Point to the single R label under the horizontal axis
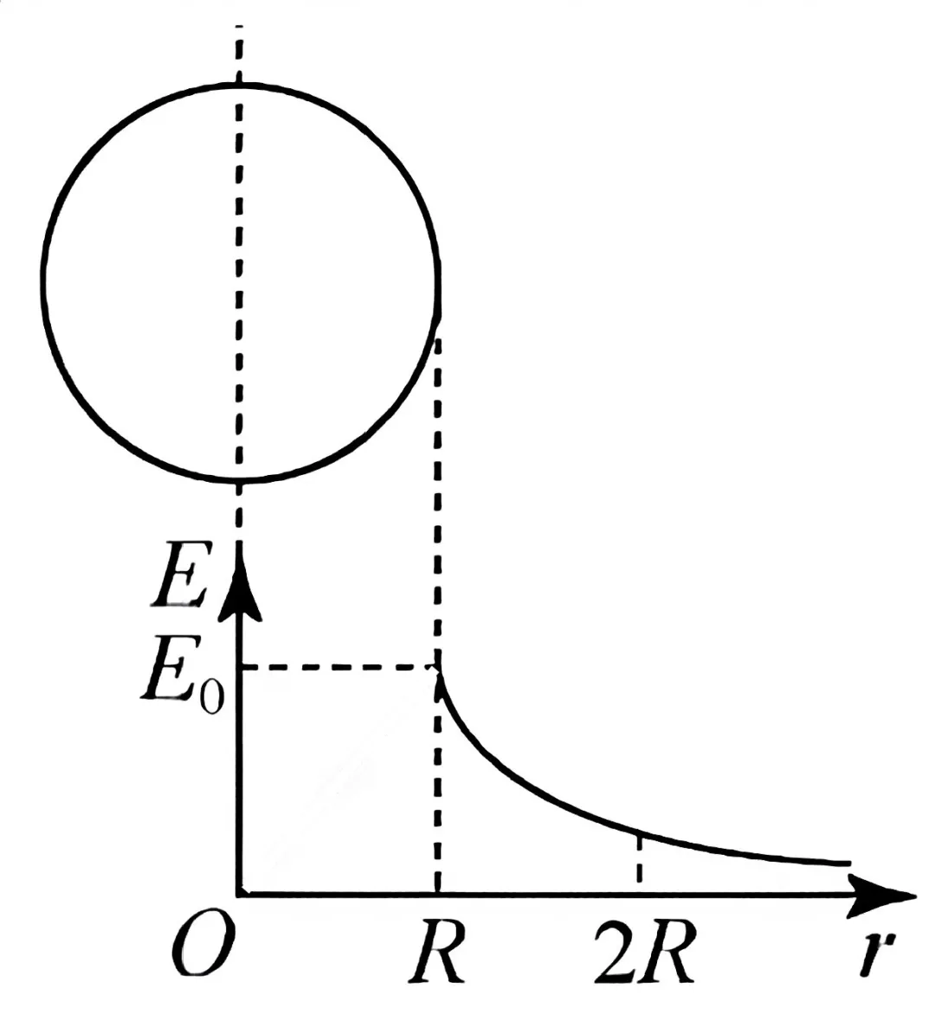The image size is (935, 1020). coord(437,949)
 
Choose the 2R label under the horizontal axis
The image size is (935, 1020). coord(645,949)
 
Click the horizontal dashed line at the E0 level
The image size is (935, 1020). coord(339,667)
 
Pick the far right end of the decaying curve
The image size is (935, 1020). coord(849,863)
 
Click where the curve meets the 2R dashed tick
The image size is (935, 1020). coord(640,831)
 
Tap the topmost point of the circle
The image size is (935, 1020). coord(240,85)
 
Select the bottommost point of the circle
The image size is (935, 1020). coord(240,481)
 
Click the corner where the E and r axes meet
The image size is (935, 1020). coord(240,895)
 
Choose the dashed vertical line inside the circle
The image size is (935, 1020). coord(240,283)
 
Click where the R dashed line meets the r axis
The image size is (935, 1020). coord(437,895)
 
